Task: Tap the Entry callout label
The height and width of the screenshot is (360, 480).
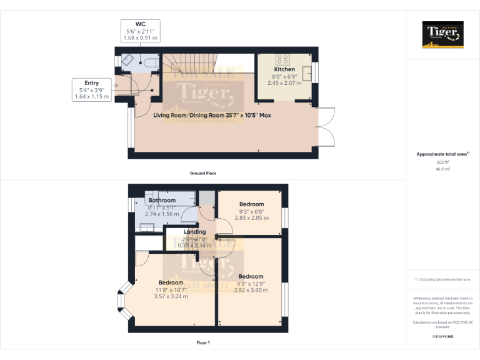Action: [x=91, y=82]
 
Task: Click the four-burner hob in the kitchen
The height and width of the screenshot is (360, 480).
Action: [x=283, y=60]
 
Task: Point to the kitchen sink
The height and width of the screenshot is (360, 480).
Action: [x=307, y=74]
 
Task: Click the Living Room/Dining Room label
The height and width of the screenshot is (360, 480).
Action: [x=212, y=115]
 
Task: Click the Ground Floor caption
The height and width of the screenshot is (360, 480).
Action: [x=203, y=172]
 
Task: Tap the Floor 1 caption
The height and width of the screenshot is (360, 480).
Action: [x=203, y=342]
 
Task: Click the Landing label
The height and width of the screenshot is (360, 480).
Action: [x=194, y=232]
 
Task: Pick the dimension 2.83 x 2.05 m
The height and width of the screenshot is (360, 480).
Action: [x=251, y=218]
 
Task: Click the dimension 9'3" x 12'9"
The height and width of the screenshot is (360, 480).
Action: [x=251, y=283]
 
